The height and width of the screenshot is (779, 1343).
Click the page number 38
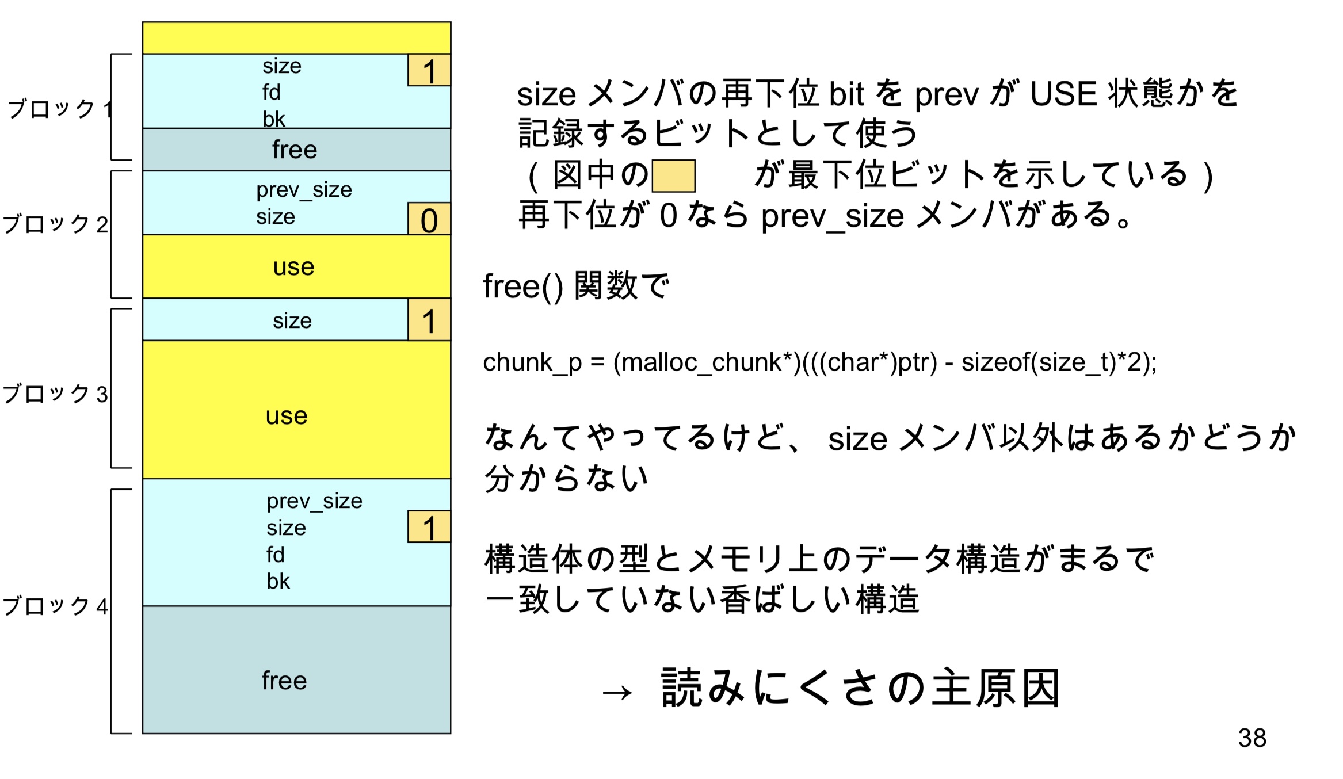[1252, 738]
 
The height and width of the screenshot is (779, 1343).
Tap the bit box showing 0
[429, 219]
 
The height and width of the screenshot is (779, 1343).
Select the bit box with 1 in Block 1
[429, 71]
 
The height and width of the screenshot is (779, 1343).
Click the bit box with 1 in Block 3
[429, 320]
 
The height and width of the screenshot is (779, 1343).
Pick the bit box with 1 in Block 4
[429, 527]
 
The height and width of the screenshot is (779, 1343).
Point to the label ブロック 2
[55, 223]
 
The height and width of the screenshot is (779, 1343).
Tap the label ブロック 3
[55, 394]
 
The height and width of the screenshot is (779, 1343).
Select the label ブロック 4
[55, 606]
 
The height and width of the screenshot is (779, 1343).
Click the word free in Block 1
[295, 150]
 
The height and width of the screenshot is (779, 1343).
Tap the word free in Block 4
[284, 681]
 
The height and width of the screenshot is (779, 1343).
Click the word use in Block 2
[293, 267]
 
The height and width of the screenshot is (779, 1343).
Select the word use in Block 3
[287, 416]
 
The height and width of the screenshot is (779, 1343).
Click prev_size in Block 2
[304, 189]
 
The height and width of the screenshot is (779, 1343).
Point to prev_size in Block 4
[314, 501]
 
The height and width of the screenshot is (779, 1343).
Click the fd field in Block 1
[272, 92]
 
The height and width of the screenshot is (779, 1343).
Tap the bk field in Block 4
[278, 582]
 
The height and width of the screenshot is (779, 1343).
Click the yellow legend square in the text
[673, 176]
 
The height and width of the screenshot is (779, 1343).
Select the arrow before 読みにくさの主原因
[617, 692]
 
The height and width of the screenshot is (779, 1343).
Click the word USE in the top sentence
[1063, 94]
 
